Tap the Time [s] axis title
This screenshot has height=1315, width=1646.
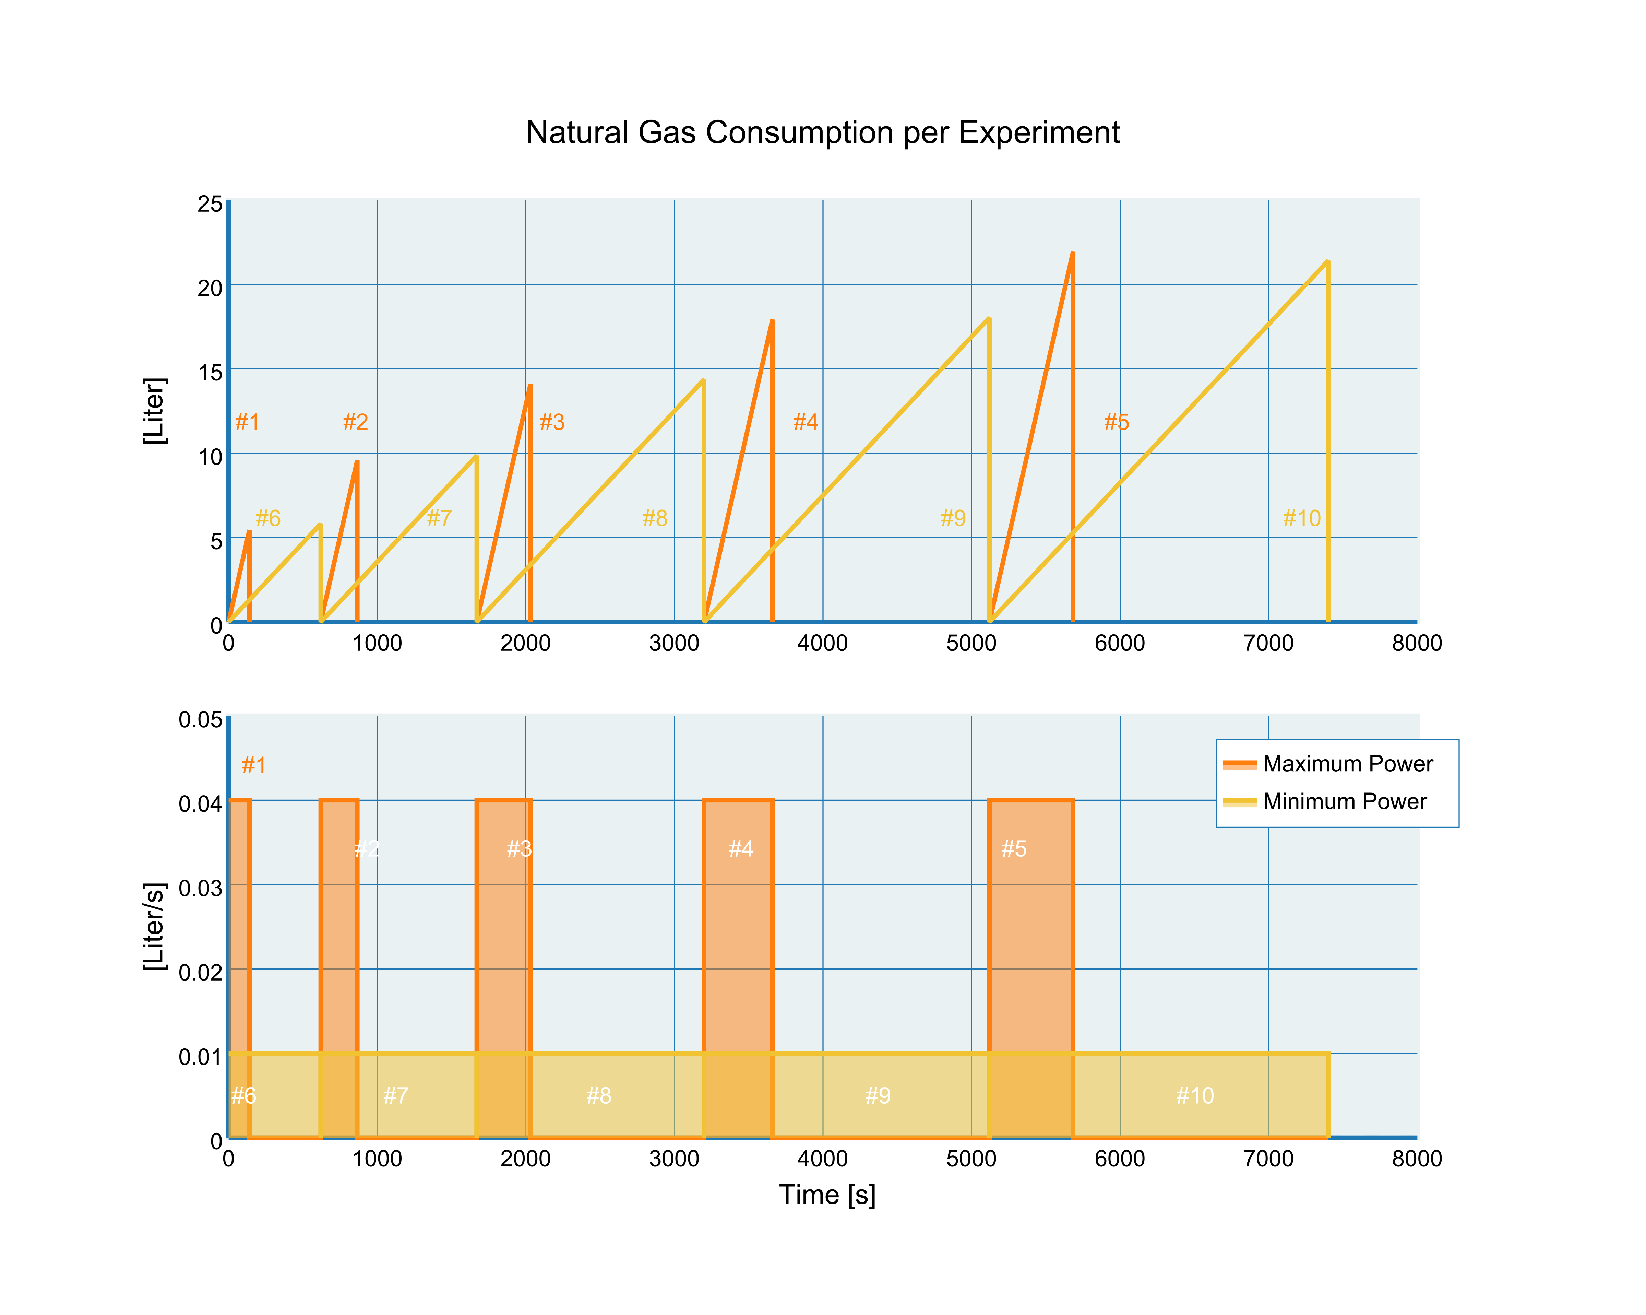tap(827, 1194)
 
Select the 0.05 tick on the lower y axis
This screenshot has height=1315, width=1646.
tap(200, 719)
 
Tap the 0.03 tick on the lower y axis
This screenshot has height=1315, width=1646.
tap(200, 887)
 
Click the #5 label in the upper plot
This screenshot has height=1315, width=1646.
tap(1116, 422)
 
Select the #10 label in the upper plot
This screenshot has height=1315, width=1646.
tap(1301, 518)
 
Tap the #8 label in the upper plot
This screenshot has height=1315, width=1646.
tap(654, 518)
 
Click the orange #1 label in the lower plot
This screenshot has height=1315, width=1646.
tap(253, 765)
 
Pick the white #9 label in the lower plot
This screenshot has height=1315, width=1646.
tap(878, 1096)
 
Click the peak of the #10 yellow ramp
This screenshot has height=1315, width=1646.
tap(1328, 262)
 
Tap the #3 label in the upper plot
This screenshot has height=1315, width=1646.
tap(552, 422)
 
